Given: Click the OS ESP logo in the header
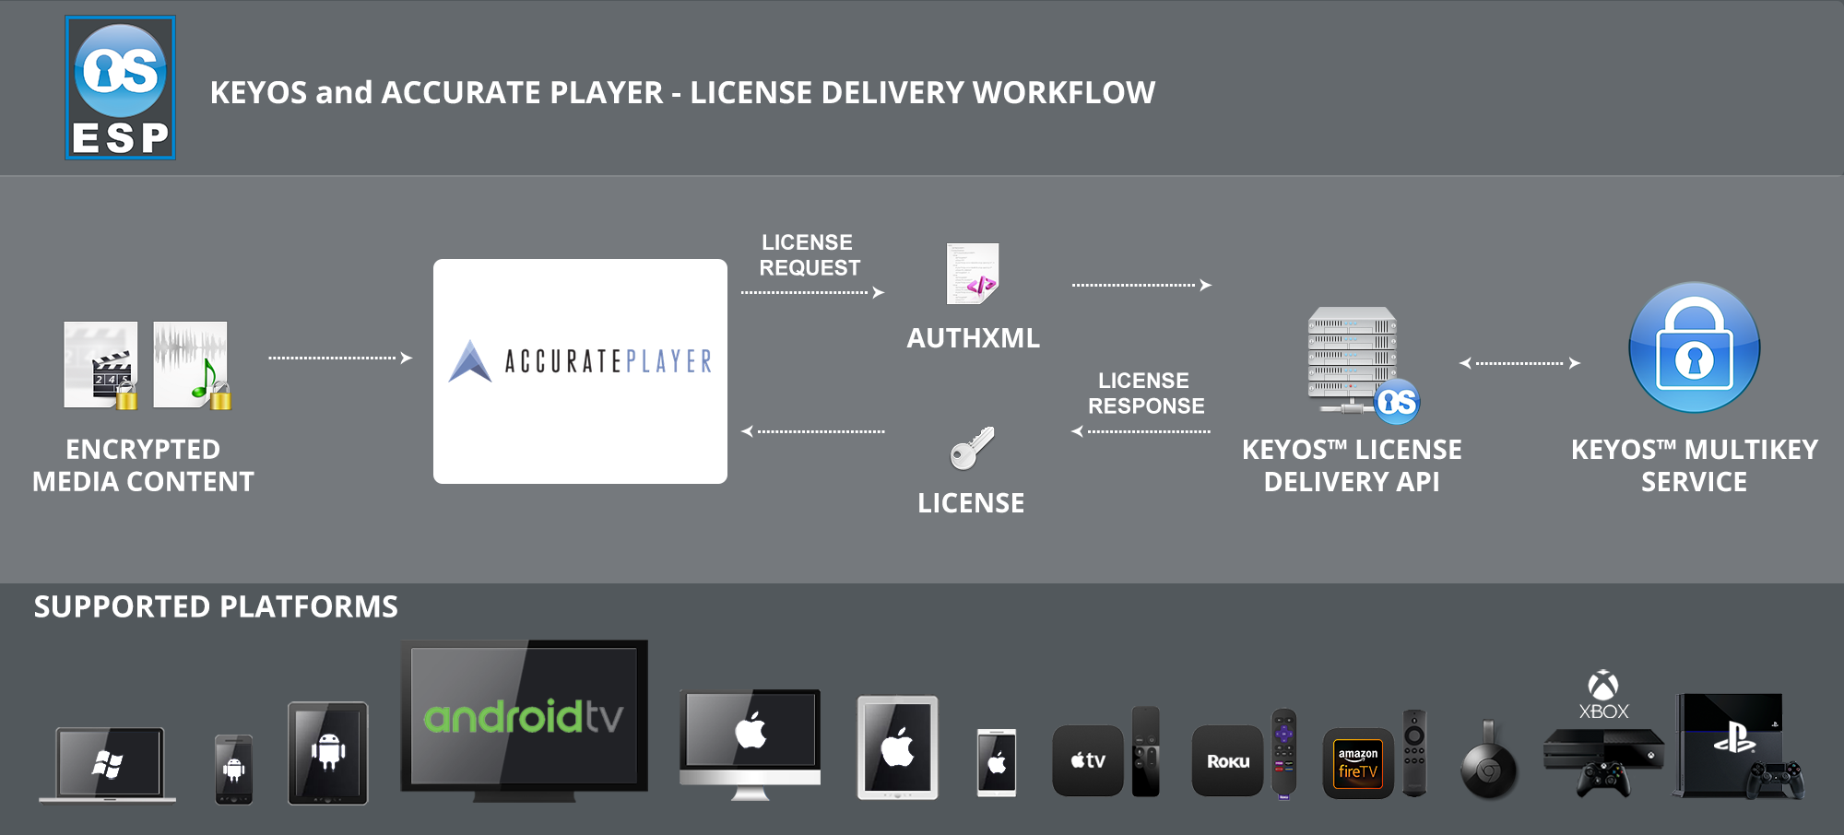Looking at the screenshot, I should pos(120,88).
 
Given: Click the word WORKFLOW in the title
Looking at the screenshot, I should pos(1063,93).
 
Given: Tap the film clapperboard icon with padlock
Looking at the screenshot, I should pos(101,365).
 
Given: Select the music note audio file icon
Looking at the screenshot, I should pos(192,365).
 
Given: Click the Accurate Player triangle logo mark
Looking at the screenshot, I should pos(470,361).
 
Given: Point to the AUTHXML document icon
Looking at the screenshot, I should pos(973,274).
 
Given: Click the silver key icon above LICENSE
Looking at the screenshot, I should pos(972,448).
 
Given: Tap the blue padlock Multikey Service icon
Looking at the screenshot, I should pos(1694,348).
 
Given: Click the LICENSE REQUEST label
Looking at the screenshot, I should pos(809,255).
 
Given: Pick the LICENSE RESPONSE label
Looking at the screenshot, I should pos(1145,394).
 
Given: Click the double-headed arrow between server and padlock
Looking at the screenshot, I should pos(1519,363).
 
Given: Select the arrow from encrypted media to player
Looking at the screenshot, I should pos(339,358).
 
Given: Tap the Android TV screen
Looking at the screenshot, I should pos(524,715).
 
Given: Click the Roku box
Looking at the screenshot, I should pos(1227,761).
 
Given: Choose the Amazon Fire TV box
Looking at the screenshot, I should pos(1357,764).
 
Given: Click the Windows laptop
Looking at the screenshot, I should pos(109,764).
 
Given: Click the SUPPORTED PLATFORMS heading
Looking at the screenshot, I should pos(216,607).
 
